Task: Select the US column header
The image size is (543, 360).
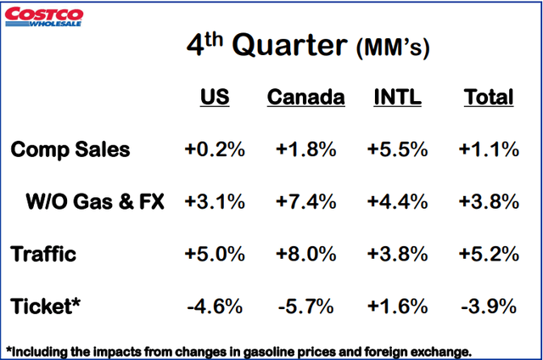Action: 214,98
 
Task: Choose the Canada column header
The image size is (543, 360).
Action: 305,98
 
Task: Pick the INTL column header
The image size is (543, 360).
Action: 397,98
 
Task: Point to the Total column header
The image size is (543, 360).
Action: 489,98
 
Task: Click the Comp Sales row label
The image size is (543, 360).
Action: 71,150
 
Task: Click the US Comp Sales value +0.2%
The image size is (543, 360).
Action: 214,150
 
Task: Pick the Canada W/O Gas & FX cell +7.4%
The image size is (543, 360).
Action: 305,201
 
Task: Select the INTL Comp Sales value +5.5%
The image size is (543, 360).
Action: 397,150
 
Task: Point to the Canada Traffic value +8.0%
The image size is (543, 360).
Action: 305,253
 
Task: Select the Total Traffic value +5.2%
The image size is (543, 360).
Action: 489,253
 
